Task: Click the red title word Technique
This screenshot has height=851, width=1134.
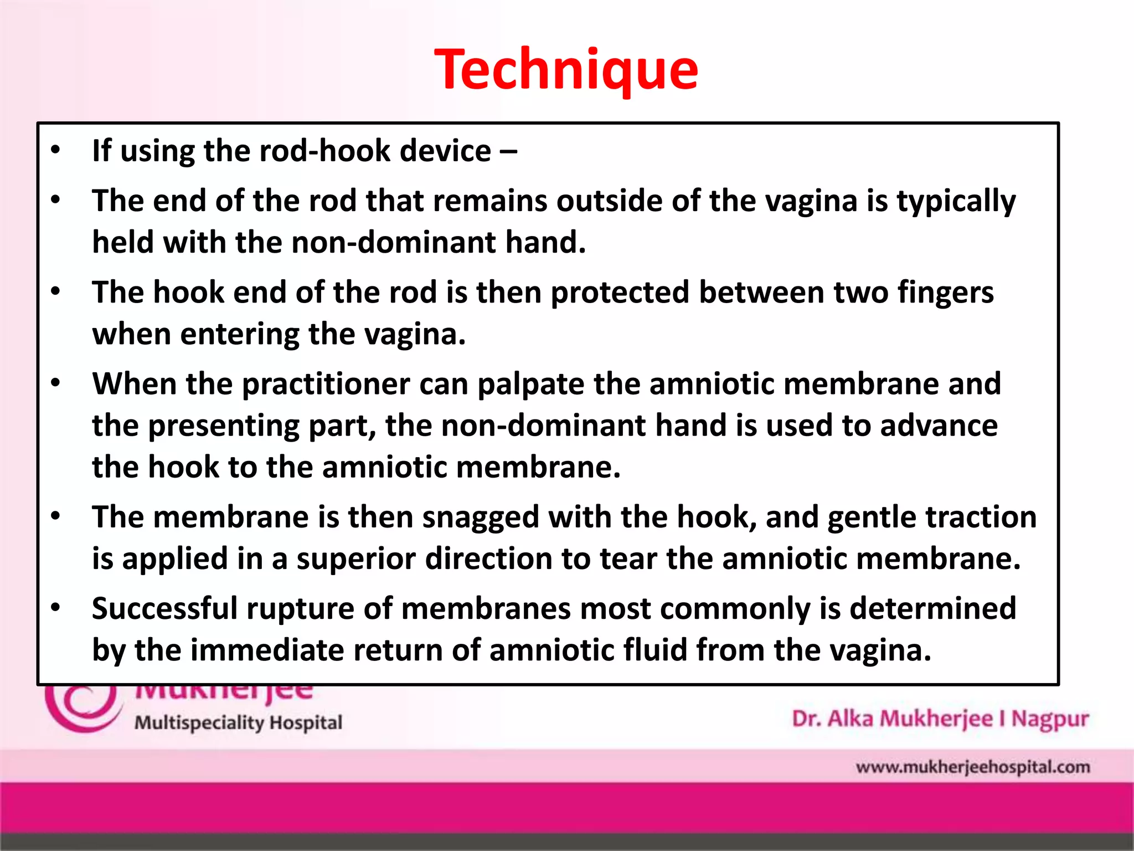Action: click(x=566, y=70)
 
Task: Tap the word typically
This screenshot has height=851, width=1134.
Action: click(x=956, y=202)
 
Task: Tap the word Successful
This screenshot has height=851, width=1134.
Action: click(x=164, y=608)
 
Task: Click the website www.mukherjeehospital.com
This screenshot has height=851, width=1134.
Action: click(x=972, y=767)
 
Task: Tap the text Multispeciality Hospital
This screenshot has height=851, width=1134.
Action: click(x=238, y=723)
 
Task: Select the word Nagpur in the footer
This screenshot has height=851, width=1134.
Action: click(x=1050, y=719)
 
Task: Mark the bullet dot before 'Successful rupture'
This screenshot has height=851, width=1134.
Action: click(x=55, y=608)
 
